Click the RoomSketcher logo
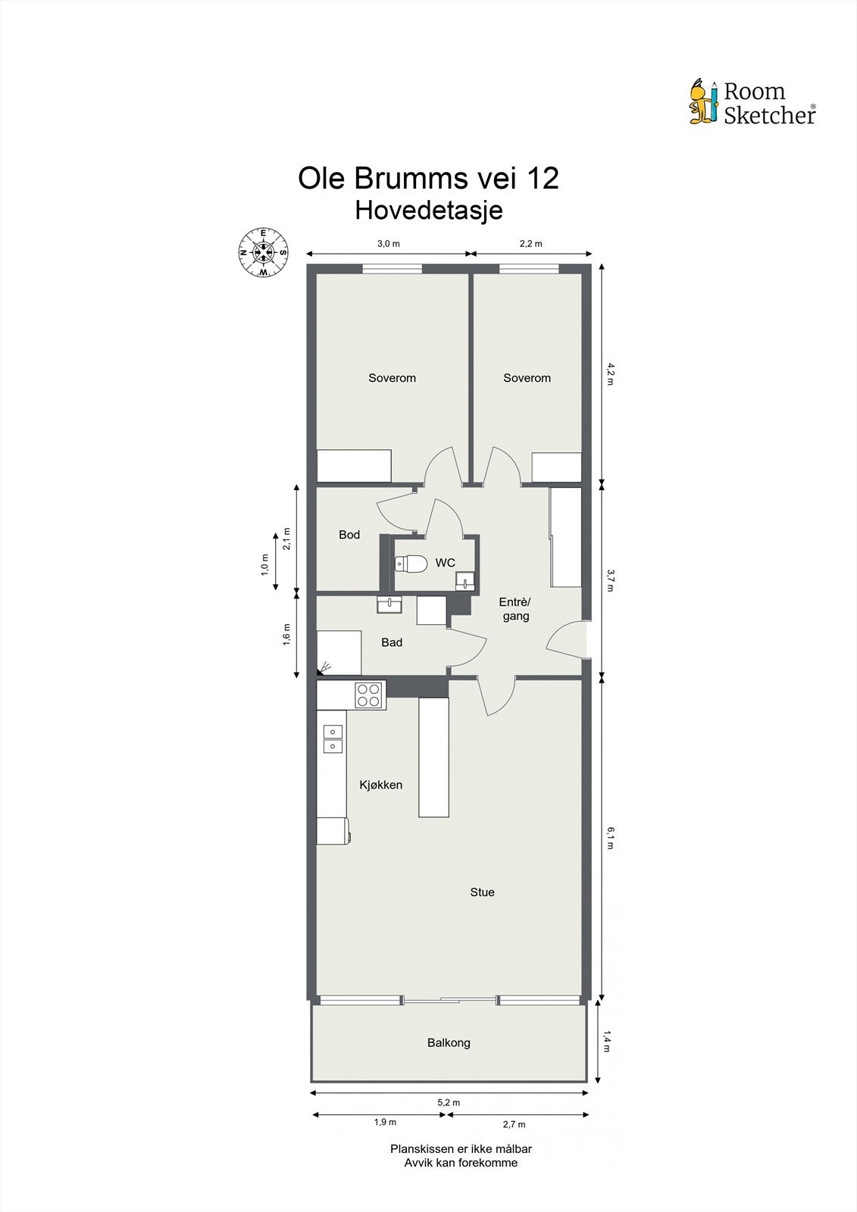(x=752, y=102)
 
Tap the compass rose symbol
(x=263, y=251)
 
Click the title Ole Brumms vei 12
(x=428, y=179)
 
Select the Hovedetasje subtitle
(x=428, y=210)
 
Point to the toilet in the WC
(x=410, y=564)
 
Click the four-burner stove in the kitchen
(x=370, y=695)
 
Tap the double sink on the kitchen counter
(x=333, y=739)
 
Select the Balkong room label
(x=449, y=1043)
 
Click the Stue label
(x=482, y=892)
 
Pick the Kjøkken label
(x=380, y=785)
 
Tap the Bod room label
(x=349, y=535)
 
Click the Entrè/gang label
(x=515, y=609)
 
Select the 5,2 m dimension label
(x=449, y=1103)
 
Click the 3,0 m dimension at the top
(x=388, y=244)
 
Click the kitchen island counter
(x=433, y=757)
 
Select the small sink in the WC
(x=464, y=581)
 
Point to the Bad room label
(x=392, y=642)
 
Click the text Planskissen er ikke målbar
(x=461, y=1148)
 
